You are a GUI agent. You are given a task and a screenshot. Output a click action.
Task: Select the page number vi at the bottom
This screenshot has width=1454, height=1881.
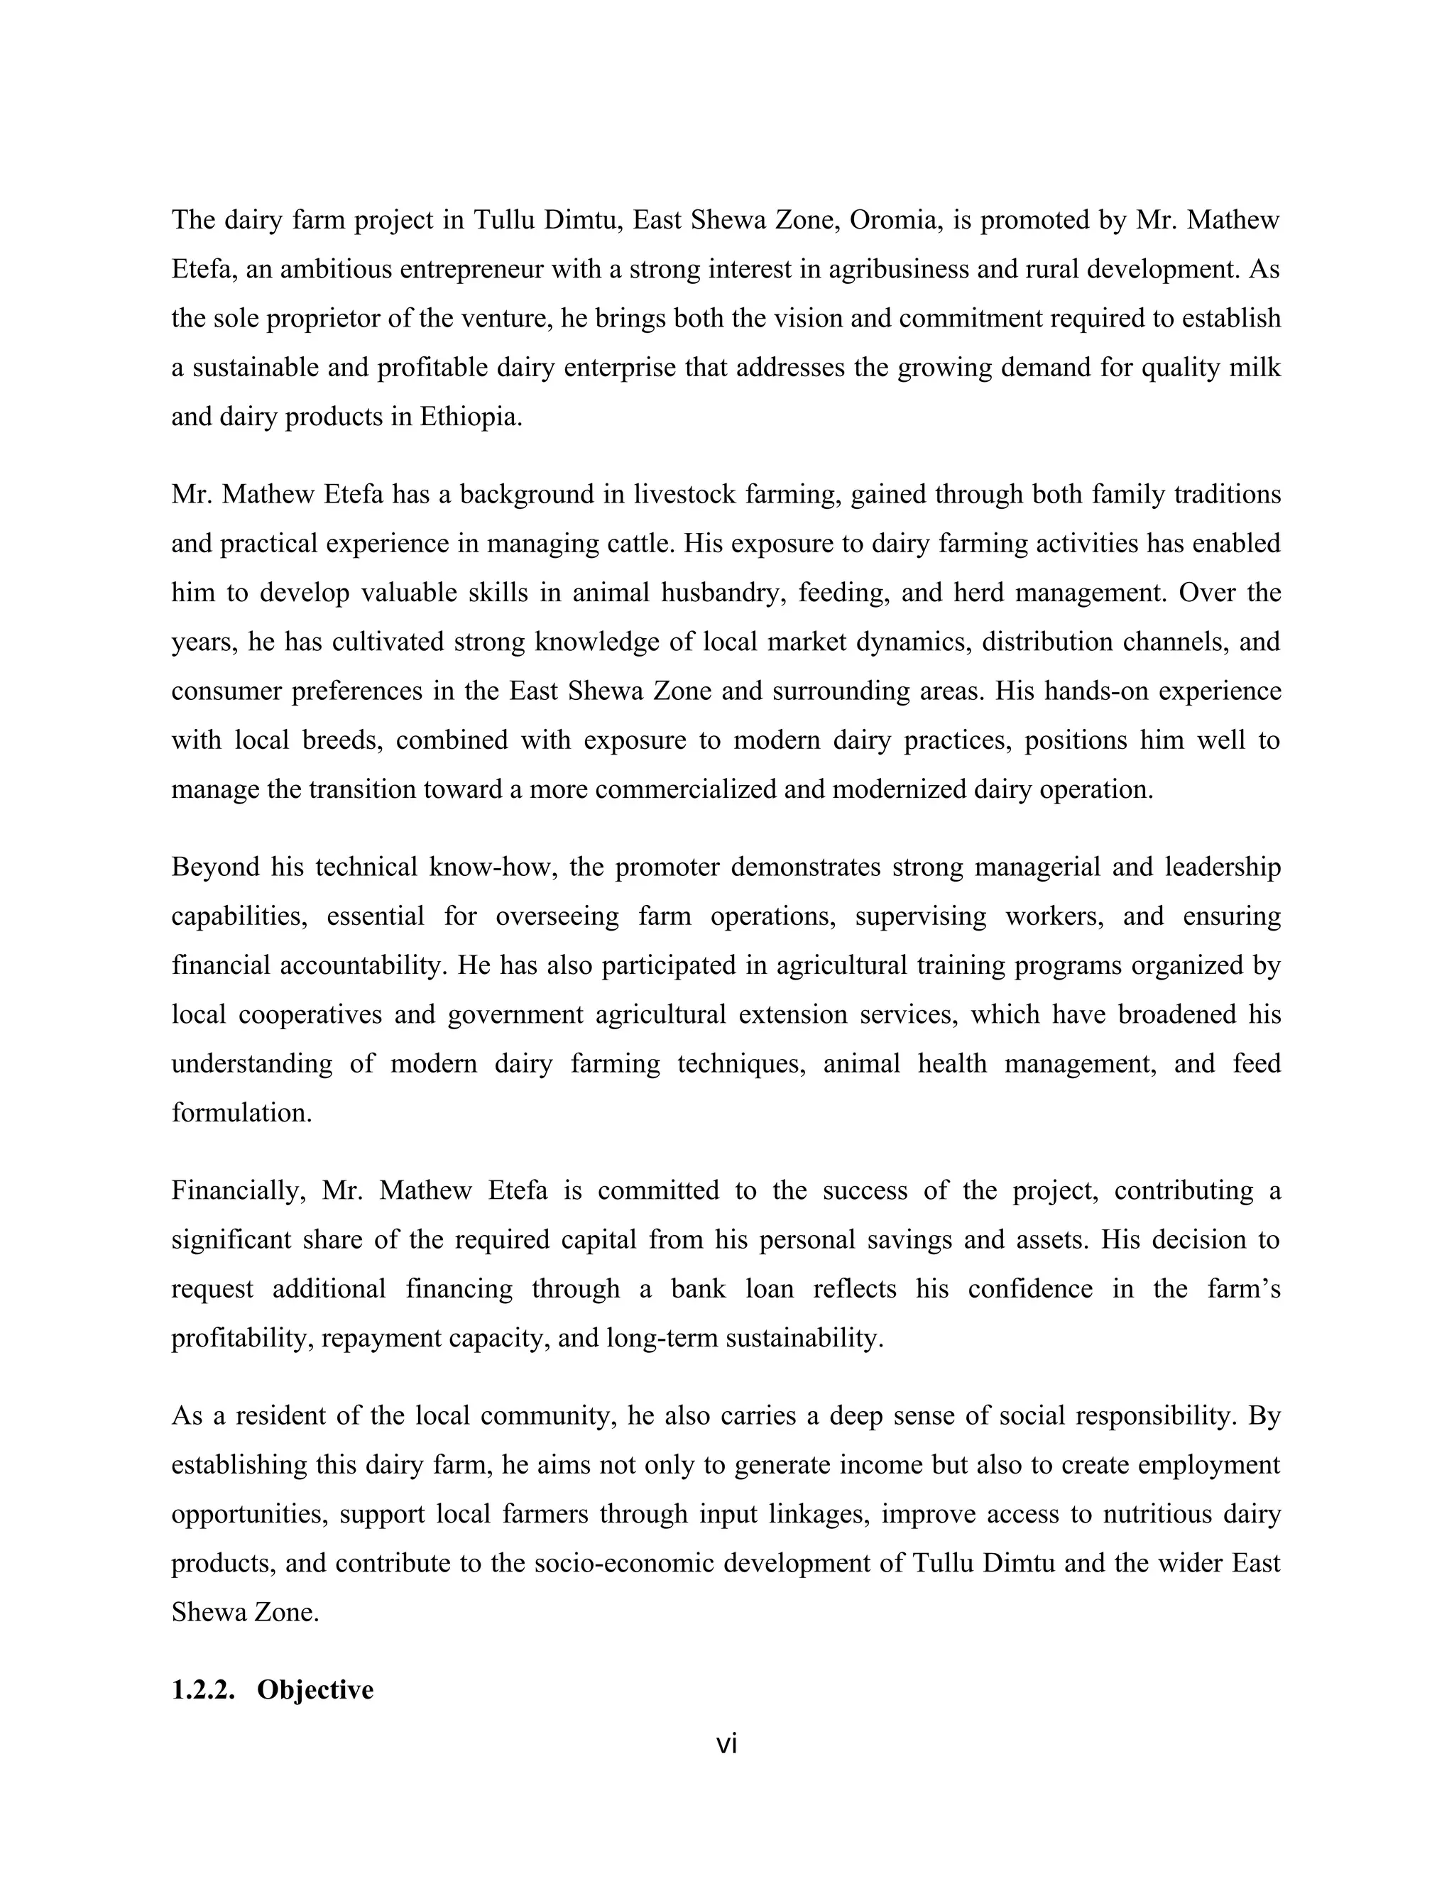(726, 1743)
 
